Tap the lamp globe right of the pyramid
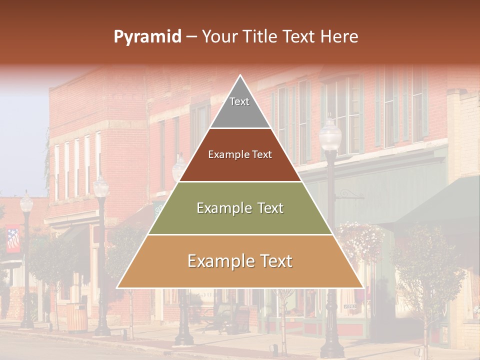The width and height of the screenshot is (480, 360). [x=330, y=134]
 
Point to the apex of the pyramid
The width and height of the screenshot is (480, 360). [x=240, y=76]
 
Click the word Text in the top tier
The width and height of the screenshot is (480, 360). [x=239, y=101]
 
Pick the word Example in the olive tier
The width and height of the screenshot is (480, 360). [x=222, y=208]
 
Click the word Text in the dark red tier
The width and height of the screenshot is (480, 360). [x=262, y=154]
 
